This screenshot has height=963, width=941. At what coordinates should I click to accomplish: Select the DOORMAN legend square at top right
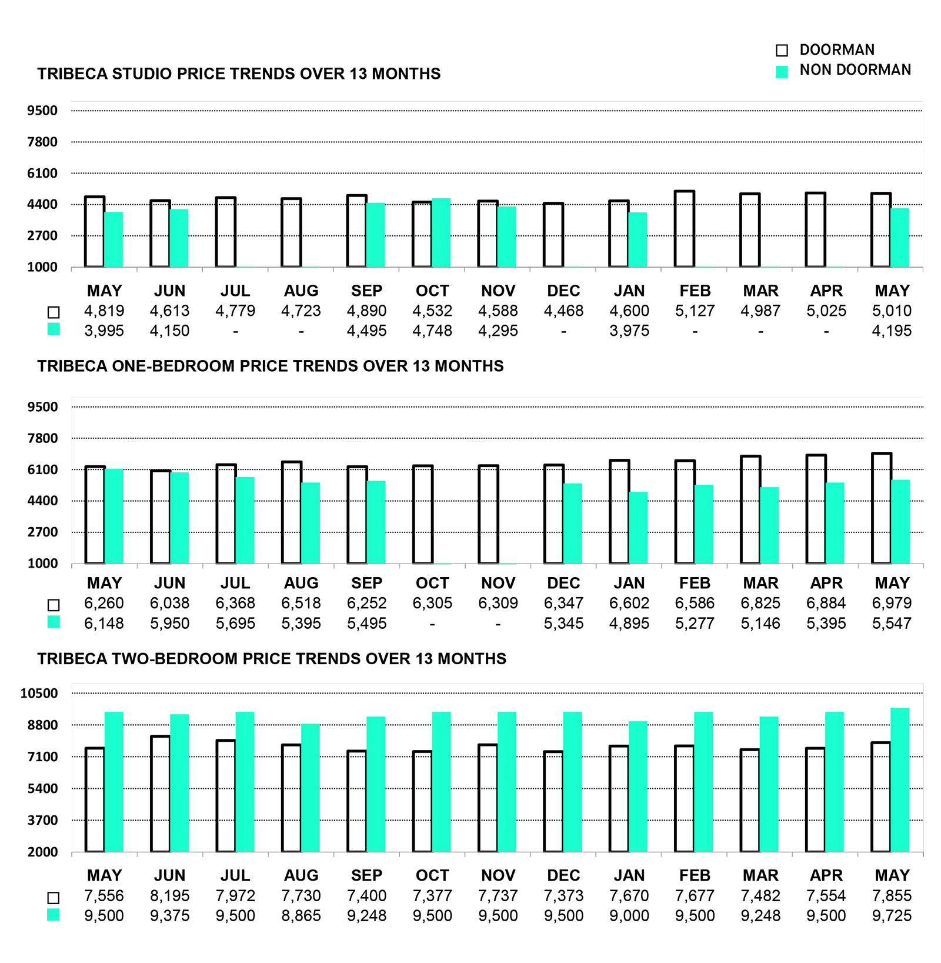[782, 51]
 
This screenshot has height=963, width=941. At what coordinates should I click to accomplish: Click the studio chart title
[239, 74]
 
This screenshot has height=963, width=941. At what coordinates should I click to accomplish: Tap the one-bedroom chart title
[271, 366]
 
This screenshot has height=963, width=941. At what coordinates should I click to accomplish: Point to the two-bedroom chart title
[272, 658]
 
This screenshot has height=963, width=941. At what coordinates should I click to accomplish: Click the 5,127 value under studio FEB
[695, 311]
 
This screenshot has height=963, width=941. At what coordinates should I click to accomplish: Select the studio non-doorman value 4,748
[432, 331]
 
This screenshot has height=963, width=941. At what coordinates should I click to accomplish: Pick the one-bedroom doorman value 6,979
[892, 603]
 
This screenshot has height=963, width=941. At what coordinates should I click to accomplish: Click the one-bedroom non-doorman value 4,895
[629, 623]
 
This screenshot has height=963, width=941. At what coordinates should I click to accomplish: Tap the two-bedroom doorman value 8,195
[170, 896]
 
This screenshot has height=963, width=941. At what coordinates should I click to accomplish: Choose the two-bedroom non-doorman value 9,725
[892, 916]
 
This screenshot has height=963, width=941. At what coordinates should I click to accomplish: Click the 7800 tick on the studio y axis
[42, 142]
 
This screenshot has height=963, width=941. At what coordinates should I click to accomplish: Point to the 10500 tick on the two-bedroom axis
[39, 693]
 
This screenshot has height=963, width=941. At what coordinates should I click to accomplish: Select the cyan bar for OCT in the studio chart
[441, 233]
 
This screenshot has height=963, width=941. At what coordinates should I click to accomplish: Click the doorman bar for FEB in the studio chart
[685, 229]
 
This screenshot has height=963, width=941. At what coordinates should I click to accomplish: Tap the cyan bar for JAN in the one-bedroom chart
[638, 528]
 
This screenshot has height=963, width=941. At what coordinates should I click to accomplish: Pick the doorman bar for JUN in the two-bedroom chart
[161, 794]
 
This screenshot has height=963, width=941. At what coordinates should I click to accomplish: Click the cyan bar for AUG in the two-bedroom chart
[311, 788]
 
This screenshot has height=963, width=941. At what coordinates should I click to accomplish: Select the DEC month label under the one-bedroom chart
[563, 583]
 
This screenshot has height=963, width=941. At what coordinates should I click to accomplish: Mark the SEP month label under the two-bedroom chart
[366, 875]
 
